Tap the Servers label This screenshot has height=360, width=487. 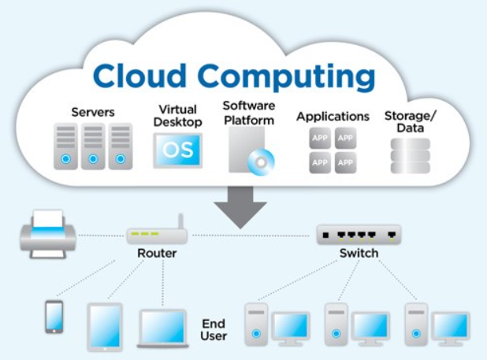93,113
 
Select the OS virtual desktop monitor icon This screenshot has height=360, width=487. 178,150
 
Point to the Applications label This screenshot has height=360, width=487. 333,117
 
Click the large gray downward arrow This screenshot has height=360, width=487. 240,206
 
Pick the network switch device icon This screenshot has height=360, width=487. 359,234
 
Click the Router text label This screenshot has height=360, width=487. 157,254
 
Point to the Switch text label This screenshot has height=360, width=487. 359,254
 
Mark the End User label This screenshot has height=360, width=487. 214,330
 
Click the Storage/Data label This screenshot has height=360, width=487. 411,121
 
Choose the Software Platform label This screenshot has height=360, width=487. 248,113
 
